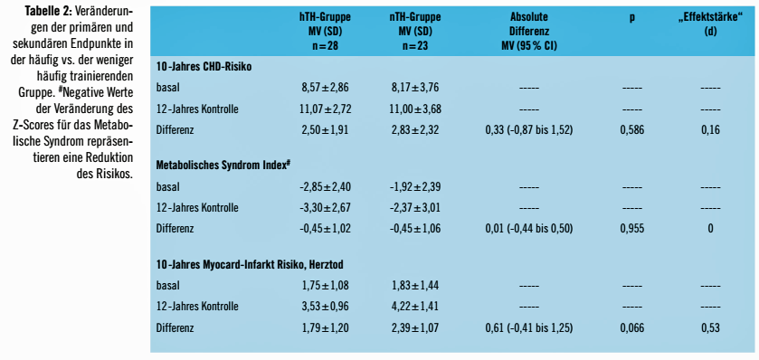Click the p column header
pos(632,17)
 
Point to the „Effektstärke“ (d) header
pos(710,24)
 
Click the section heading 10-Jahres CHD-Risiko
pos(204,67)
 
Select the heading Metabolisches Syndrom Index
pos(223,165)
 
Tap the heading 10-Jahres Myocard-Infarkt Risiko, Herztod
pos(250,264)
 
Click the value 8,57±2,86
pos(325,88)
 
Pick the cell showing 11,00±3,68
pos(415,109)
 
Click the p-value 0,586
pos(632,130)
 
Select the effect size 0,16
pos(710,130)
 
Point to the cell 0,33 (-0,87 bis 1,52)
pos(529,130)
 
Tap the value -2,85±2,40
pos(325,186)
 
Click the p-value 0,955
pos(632,229)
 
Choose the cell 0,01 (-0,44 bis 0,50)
pos(529,229)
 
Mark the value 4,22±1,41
pos(415,307)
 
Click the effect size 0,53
pos(710,328)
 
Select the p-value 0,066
pos(632,328)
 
